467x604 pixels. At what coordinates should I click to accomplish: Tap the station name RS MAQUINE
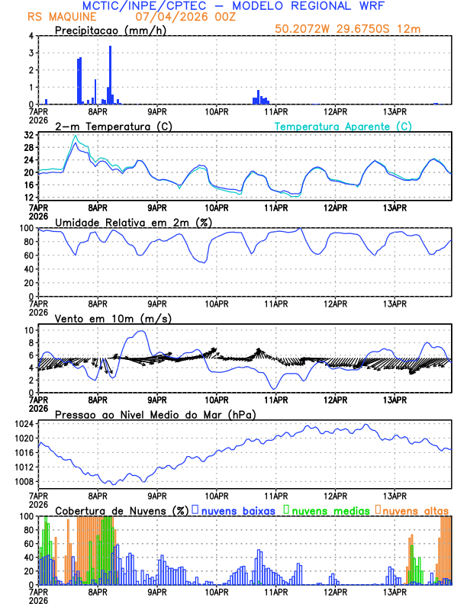click(57, 17)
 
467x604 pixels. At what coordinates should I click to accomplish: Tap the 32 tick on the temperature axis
click(27, 135)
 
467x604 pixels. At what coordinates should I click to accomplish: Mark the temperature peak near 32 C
click(75, 137)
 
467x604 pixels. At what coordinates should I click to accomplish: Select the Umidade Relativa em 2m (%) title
click(135, 222)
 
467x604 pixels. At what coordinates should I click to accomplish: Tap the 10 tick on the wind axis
click(27, 331)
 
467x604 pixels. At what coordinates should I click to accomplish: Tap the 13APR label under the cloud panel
click(395, 591)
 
